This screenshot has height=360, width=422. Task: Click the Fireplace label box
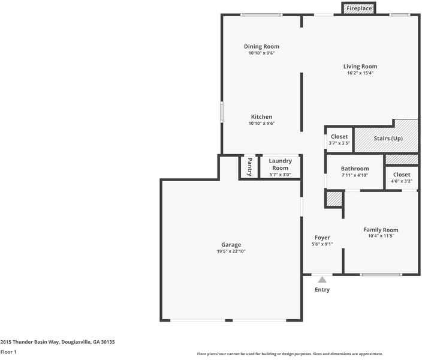pyautogui.click(x=358, y=8)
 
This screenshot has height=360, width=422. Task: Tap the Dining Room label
pyautogui.click(x=261, y=46)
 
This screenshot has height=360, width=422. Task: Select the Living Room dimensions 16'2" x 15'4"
pyautogui.click(x=360, y=73)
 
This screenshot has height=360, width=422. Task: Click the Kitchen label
pyautogui.click(x=261, y=116)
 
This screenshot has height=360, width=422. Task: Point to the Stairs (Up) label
pyautogui.click(x=388, y=138)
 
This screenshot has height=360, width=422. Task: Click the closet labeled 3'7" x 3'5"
pyautogui.click(x=339, y=140)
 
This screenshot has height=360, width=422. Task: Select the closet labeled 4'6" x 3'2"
pyautogui.click(x=401, y=178)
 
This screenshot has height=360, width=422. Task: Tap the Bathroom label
pyautogui.click(x=355, y=169)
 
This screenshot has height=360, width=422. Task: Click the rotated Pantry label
pyautogui.click(x=249, y=166)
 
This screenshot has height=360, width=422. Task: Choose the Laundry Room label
pyautogui.click(x=280, y=164)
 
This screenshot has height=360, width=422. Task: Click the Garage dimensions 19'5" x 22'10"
pyautogui.click(x=231, y=251)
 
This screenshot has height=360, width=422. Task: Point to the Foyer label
pyautogui.click(x=322, y=238)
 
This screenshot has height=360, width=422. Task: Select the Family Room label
pyautogui.click(x=381, y=230)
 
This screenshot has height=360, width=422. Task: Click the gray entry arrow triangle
pyautogui.click(x=322, y=279)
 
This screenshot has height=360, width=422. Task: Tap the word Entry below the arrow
pyautogui.click(x=322, y=290)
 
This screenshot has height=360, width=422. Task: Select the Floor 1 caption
pyautogui.click(x=8, y=352)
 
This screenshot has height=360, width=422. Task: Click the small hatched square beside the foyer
pyautogui.click(x=333, y=199)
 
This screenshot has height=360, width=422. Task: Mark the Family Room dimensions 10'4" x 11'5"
pyautogui.click(x=381, y=236)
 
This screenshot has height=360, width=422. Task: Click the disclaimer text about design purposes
pyautogui.click(x=290, y=354)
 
